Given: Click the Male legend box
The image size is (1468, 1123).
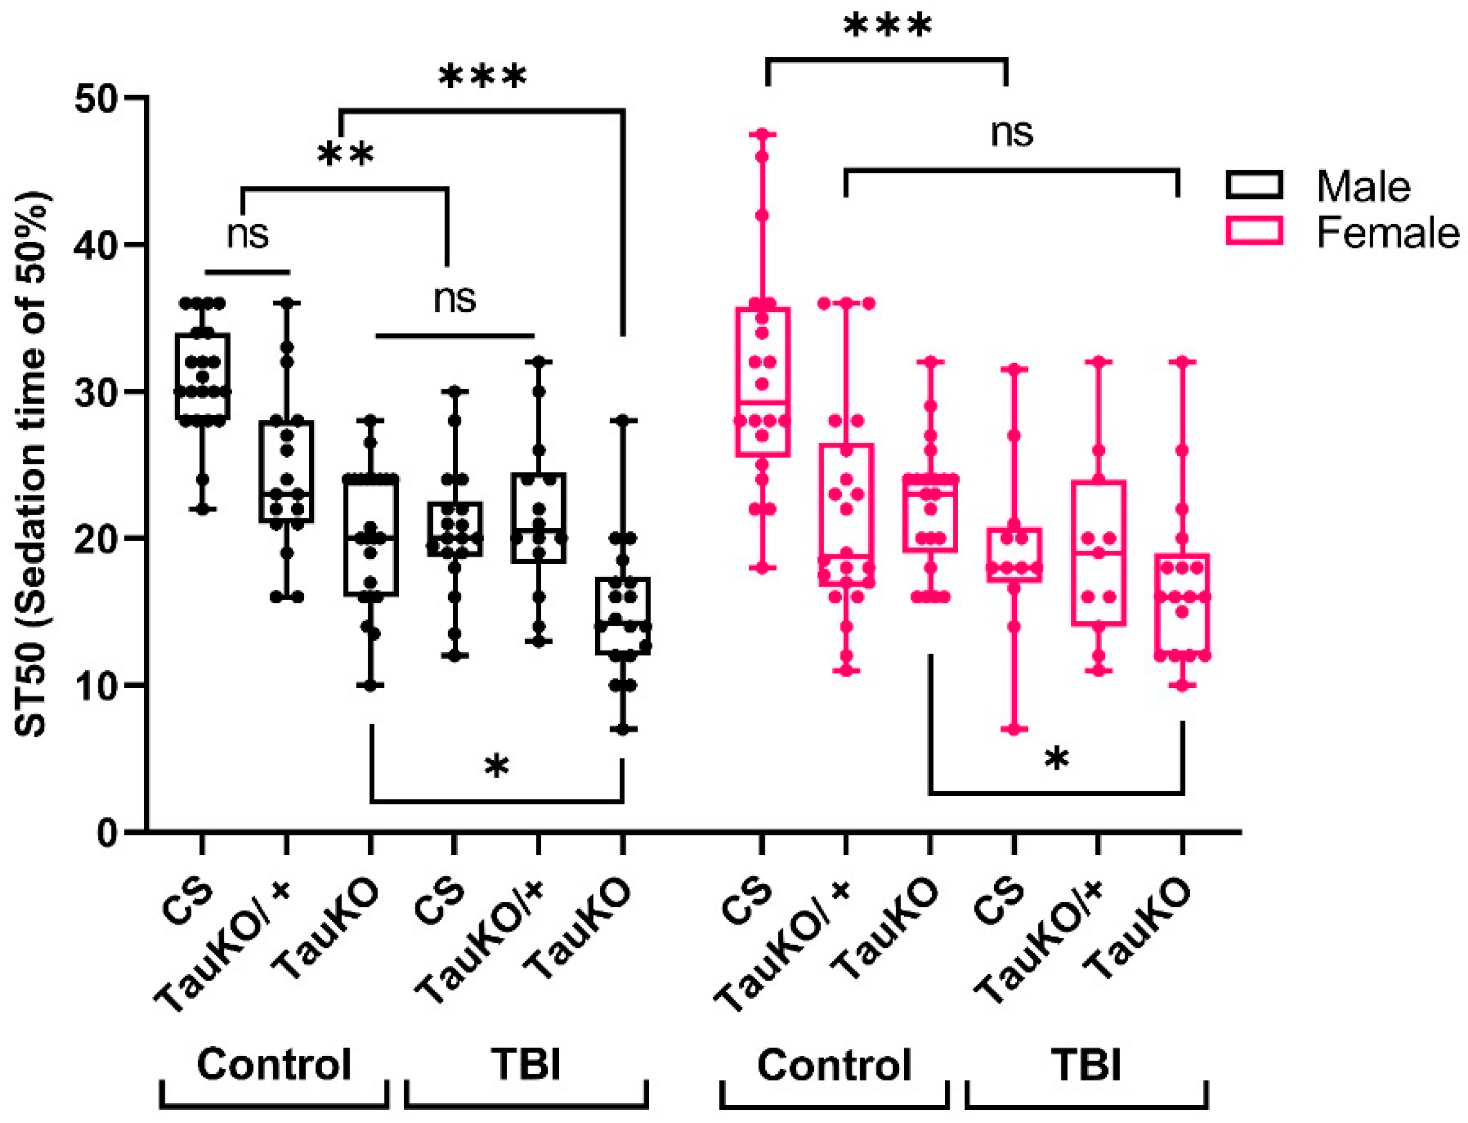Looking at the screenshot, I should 1253,185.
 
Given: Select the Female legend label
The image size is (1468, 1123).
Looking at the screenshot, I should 1387,233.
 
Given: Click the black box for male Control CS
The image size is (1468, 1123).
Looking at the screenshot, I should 203,376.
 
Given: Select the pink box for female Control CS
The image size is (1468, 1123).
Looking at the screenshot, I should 762,382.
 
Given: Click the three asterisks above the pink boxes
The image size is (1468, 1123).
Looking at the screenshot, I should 887,29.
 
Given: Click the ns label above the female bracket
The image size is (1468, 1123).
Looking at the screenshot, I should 1011,133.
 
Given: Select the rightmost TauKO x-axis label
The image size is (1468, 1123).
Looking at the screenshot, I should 1140,929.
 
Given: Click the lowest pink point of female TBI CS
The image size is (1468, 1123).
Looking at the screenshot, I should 1014,729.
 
